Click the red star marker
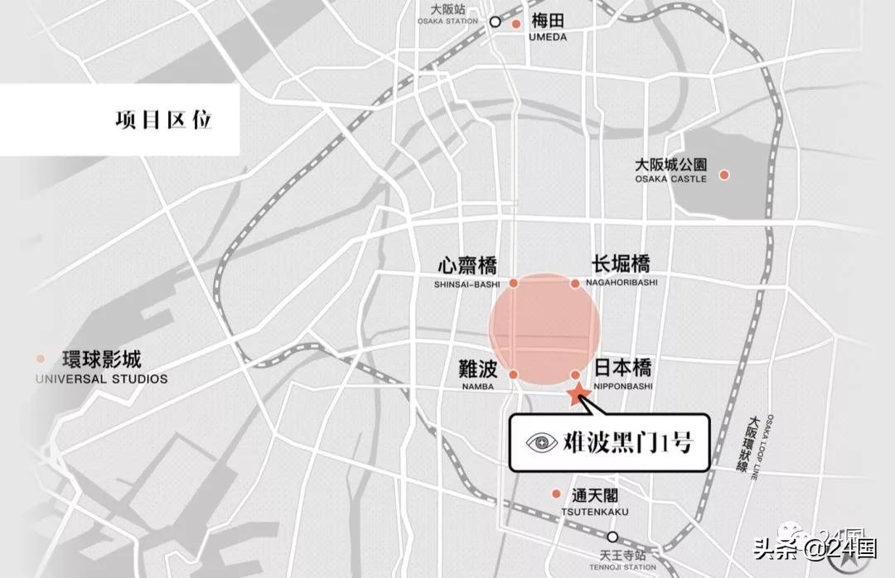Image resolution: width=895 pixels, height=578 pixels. coord(578,394)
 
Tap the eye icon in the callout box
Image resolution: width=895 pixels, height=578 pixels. coord(544,443)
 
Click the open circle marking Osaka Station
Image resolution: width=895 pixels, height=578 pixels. coord(496,22)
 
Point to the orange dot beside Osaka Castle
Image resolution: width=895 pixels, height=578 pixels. coord(724,175)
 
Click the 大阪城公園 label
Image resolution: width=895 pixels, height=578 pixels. coord(671,164)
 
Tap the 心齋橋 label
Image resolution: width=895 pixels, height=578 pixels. coord(467,266)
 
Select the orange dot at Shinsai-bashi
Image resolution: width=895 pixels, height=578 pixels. coord(514,283)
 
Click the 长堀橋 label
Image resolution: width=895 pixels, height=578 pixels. coord(621,264)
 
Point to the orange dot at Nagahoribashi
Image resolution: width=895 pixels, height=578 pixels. coord(575,283)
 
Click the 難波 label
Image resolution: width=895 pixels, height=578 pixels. coord(477,368)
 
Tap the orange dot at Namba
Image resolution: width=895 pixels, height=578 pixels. coord(514,375)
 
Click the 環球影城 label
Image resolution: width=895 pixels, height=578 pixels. coord(102,360)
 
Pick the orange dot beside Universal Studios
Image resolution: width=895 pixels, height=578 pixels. coord(41,359)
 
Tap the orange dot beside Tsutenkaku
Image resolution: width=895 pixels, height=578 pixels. coord(556,494)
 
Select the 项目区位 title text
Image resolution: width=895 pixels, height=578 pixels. coord(164,119)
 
